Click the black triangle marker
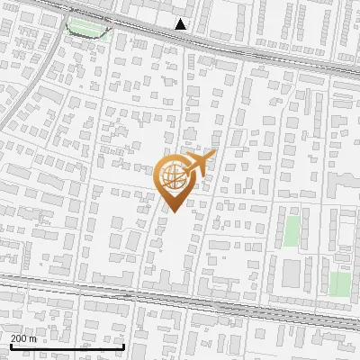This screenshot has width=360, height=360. pyautogui.click(x=182, y=24)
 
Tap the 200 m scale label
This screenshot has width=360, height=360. pyautogui.click(x=23, y=338)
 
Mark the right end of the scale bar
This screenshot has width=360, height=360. pyautogui.click(x=123, y=346)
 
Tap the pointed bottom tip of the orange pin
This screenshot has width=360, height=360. pyautogui.click(x=170, y=212)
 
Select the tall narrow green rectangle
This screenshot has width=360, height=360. pyautogui.click(x=292, y=231)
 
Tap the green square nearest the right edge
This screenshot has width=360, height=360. pyautogui.click(x=339, y=284)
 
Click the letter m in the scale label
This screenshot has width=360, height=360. pyautogui.click(x=32, y=338)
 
